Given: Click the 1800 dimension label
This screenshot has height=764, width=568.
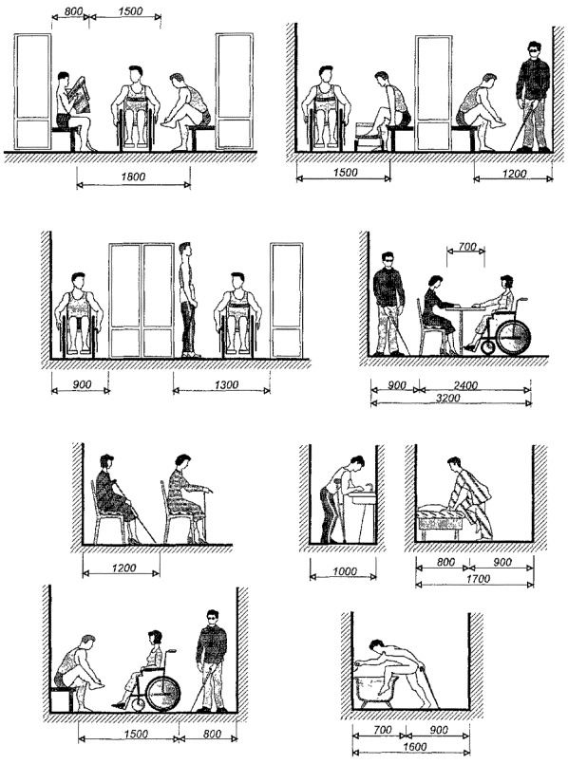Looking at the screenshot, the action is (x=133, y=177).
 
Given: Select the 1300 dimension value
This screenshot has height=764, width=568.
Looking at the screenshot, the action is (x=227, y=385).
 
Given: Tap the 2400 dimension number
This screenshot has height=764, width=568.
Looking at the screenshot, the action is (x=465, y=385).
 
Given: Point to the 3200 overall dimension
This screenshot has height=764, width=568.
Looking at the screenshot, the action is (x=448, y=398).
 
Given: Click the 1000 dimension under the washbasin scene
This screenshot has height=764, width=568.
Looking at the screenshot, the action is (x=344, y=571).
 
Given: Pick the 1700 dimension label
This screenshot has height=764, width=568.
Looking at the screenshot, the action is (x=478, y=579).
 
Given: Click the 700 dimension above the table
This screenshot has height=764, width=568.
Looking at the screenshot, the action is (x=467, y=247).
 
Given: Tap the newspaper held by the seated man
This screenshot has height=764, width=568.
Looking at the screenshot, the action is (x=80, y=95).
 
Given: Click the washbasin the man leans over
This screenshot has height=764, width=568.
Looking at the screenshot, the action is (x=362, y=498).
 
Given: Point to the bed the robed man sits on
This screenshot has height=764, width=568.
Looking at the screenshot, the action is (x=439, y=521).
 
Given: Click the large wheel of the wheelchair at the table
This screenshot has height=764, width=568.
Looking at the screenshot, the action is (x=514, y=337).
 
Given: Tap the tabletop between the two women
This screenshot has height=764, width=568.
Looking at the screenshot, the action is (x=465, y=307).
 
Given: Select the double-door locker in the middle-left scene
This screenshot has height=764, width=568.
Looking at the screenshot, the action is (x=142, y=300).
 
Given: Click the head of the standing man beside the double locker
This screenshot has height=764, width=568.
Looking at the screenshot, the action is (x=185, y=251).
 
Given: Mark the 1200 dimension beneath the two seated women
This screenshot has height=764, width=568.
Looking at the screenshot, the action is (x=123, y=568).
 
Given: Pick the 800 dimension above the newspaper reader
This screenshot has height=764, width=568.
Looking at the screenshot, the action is (x=73, y=10).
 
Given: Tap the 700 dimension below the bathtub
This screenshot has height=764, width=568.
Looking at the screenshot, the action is (x=382, y=730).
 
